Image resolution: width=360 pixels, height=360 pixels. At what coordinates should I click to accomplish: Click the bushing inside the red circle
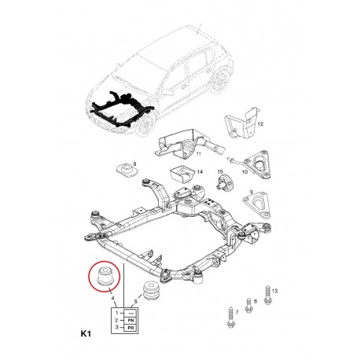(x=105, y=276)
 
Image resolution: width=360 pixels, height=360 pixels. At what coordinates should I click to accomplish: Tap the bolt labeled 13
(x=267, y=295)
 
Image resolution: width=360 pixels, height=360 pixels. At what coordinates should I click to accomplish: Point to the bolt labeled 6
(x=248, y=305)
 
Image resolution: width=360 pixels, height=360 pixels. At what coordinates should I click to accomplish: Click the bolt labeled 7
(x=230, y=317)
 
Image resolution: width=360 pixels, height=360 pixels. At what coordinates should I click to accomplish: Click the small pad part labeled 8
(x=127, y=171)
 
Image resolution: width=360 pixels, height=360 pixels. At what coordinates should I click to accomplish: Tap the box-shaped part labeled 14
(x=182, y=174)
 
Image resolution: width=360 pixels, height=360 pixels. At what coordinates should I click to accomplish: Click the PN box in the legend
(x=130, y=320)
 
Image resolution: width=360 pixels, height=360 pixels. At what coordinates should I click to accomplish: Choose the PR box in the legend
(x=130, y=328)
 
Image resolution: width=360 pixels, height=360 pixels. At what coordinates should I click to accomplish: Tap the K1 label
(x=86, y=334)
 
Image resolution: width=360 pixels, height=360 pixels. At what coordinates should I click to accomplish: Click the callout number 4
(x=112, y=299)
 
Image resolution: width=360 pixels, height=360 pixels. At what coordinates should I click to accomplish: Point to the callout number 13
(x=274, y=291)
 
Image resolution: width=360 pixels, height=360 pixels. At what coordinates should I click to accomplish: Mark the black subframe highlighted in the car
(x=122, y=109)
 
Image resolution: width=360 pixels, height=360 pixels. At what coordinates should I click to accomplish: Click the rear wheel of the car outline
(x=219, y=82)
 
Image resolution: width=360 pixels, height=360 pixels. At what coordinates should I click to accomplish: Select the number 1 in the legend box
(x=117, y=313)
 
